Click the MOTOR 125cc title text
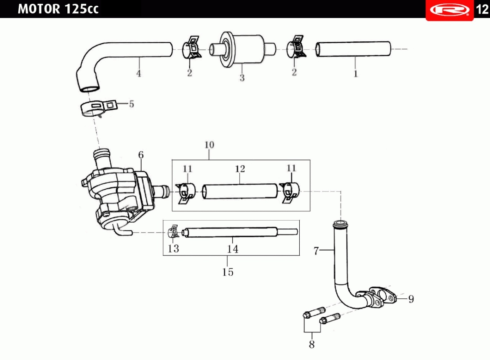pos(58,9)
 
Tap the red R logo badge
pos(450,10)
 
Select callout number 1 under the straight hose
pos(356,74)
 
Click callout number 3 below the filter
pos(242,78)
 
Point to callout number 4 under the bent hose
pos(139,74)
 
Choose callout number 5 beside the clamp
pos(131,104)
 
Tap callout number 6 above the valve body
pos(141,155)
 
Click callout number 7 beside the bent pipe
pos(316,251)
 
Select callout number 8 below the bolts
pos(312,344)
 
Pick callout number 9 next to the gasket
pos(411,299)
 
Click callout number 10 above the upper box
pos(209,145)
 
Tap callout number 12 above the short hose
pos(240,169)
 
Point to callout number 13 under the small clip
pos(173,248)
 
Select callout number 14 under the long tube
pos(232,249)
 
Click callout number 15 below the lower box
pos(228,272)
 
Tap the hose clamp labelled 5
pos(99,107)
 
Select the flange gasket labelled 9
pos(383,295)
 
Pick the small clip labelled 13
pos(174,231)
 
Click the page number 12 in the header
pos(482,9)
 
